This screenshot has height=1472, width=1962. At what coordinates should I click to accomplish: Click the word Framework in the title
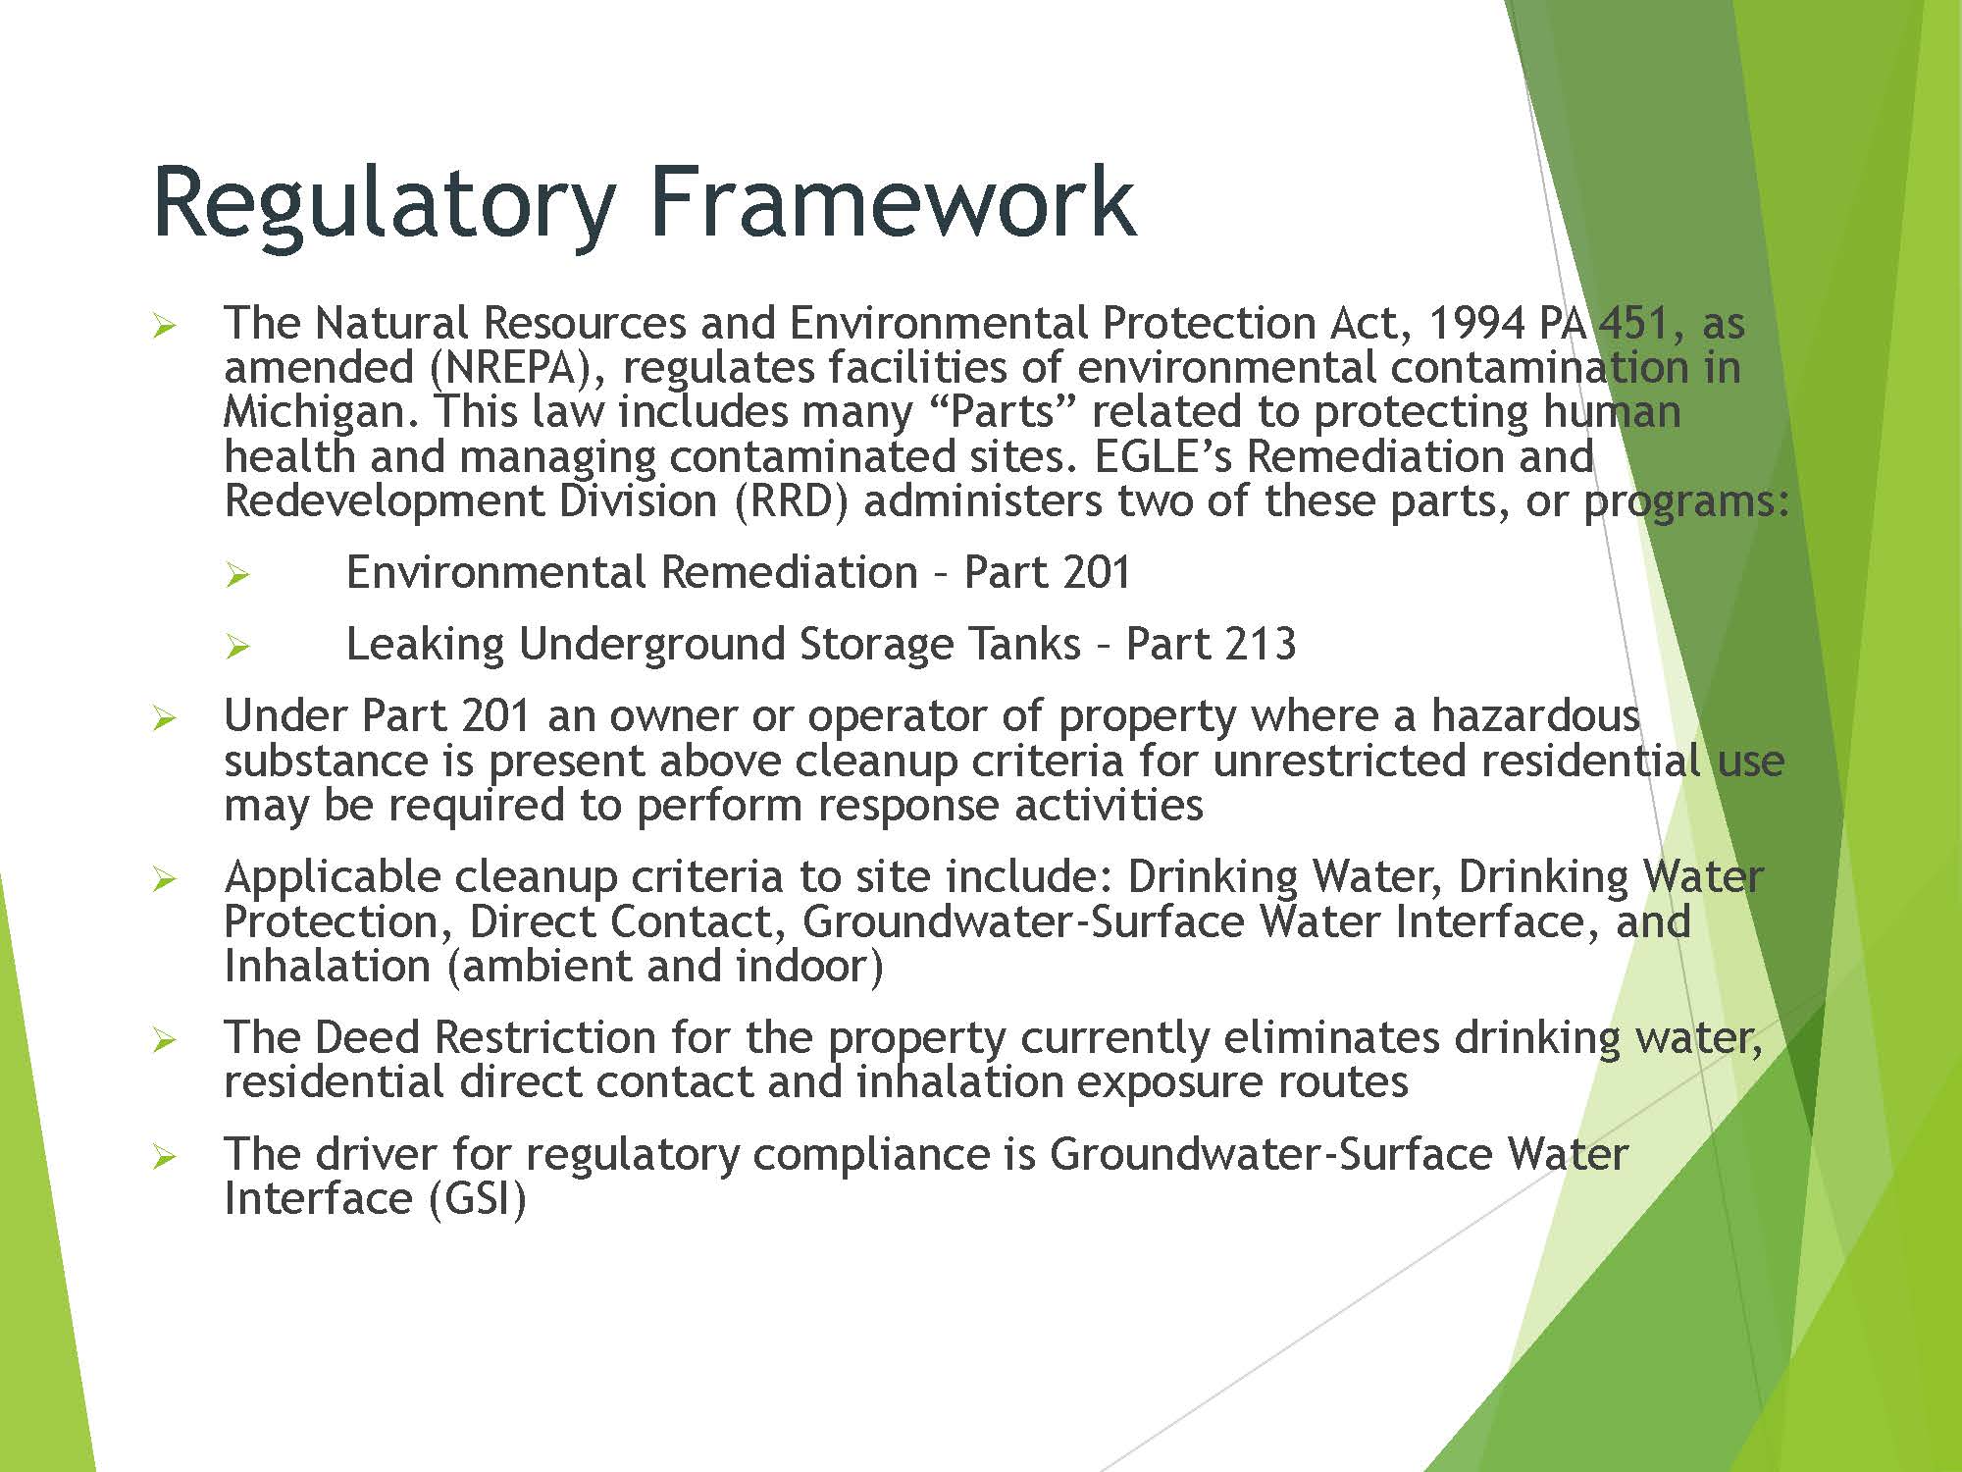pyautogui.click(x=892, y=201)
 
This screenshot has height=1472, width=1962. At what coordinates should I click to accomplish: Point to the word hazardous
pyautogui.click(x=1534, y=715)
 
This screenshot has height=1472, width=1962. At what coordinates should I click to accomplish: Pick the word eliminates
pyautogui.click(x=1330, y=1037)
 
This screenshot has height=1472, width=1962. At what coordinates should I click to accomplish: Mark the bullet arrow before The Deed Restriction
pyautogui.click(x=165, y=1039)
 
